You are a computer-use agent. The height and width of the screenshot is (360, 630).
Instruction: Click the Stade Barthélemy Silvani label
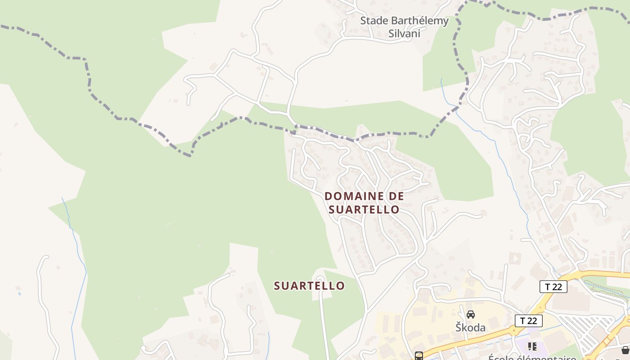pyautogui.click(x=404, y=27)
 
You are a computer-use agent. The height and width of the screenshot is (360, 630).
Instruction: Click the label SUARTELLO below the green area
pyautogui.click(x=309, y=286)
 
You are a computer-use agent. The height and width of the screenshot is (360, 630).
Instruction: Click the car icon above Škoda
pyautogui.click(x=471, y=314)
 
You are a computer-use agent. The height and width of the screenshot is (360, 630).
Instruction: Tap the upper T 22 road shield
pyautogui.click(x=553, y=287)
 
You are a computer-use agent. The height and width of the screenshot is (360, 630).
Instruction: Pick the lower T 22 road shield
pyautogui.click(x=528, y=321)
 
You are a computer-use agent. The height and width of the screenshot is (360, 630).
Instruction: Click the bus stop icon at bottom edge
pyautogui.click(x=418, y=356)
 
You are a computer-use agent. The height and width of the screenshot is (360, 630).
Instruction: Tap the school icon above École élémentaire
pyautogui.click(x=533, y=346)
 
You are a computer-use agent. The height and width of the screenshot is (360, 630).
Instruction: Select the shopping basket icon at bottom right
pyautogui.click(x=625, y=350)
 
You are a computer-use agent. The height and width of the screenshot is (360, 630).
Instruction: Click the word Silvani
pyautogui.click(x=404, y=33)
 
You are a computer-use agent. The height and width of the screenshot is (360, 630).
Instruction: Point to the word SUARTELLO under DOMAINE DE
pyautogui.click(x=364, y=209)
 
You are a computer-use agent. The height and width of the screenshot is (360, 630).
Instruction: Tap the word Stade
pyautogui.click(x=374, y=21)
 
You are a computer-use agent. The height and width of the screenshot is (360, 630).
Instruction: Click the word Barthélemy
pyautogui.click(x=419, y=21)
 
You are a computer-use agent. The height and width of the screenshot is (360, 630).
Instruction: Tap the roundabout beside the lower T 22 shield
pyautogui.click(x=514, y=331)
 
